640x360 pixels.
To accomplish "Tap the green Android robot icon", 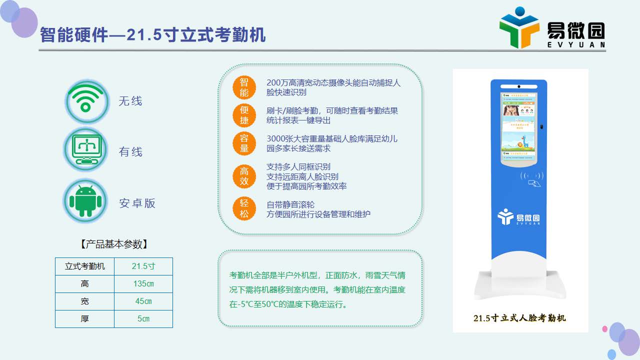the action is [85, 201].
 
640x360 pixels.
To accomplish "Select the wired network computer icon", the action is [85, 149].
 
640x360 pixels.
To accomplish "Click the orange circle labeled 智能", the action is [244, 87].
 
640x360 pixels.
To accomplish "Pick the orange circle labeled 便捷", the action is [244, 115].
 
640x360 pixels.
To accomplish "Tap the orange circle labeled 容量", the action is [244, 143].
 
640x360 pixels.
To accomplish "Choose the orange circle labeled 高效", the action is [244, 176].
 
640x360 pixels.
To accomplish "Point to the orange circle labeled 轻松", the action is [244, 208].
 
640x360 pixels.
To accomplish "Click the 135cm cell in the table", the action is [143, 284].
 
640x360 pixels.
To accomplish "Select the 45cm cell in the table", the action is [143, 301].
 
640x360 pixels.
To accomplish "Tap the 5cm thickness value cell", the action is [143, 319].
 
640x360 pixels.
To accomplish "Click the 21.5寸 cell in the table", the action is [143, 266].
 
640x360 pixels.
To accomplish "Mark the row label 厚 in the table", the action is [84, 319].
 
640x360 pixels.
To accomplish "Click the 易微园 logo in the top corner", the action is [552, 28].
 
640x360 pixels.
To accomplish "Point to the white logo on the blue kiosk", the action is [518, 217].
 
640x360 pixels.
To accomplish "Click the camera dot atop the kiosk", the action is [519, 86].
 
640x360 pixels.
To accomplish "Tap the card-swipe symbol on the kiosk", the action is [532, 179].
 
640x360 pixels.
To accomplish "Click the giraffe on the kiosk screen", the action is [524, 141].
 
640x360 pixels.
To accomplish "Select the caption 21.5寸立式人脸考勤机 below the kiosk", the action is [519, 318].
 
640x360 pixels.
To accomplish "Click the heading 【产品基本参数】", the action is [114, 244].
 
